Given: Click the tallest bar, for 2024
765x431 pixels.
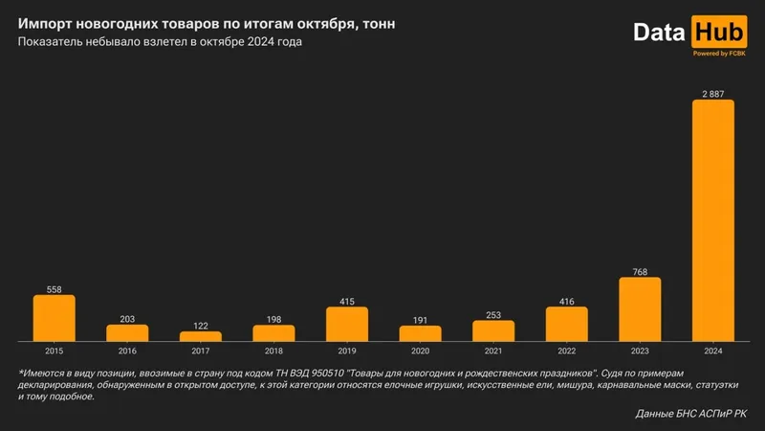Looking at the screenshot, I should pos(712,220).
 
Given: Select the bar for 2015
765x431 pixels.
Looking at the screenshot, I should pos(55,318).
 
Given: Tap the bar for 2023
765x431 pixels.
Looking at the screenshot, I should pos(640,309).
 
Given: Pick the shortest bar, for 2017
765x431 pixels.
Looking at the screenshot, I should pos(201,336).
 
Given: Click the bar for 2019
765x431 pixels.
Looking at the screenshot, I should pos(347,324).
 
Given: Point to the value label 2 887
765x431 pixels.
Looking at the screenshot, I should pos(712,93).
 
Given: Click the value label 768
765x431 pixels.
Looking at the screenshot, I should pos(640,272).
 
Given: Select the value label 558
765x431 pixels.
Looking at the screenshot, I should pos(55,289).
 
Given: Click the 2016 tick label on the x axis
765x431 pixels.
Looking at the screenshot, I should pos(127,351).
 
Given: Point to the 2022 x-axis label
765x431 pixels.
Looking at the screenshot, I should pos(567,351).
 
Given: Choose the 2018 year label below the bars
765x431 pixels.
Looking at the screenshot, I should pos(273,351).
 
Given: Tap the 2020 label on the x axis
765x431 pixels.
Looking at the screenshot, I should pos(420,351).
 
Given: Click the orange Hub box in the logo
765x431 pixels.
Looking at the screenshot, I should pos(718,32).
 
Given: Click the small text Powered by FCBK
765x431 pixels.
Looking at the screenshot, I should pos(718,54).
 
